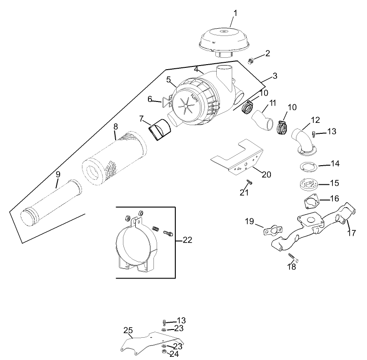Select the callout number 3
click(x=275, y=75)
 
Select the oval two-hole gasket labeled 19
click(x=272, y=230)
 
